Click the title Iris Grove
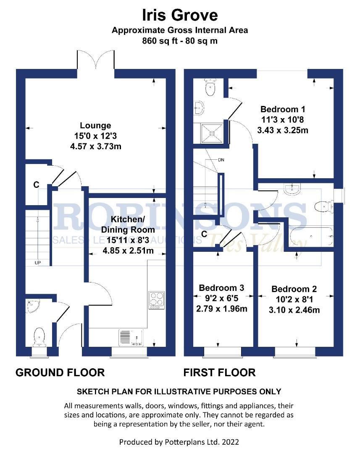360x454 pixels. coord(180,15)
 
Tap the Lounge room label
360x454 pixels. coord(95,125)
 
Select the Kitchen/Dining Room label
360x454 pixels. coord(127,224)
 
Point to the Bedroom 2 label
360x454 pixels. coord(294,289)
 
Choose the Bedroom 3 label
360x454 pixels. coord(221,288)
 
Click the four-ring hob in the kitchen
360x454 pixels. coord(156,300)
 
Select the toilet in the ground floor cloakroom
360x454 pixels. coord(39,336)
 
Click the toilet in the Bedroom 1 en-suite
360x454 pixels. coord(209,87)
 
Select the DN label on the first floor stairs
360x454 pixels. coord(221,160)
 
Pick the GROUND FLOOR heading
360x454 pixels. coord(60,372)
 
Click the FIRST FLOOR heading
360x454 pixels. coord(219,372)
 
